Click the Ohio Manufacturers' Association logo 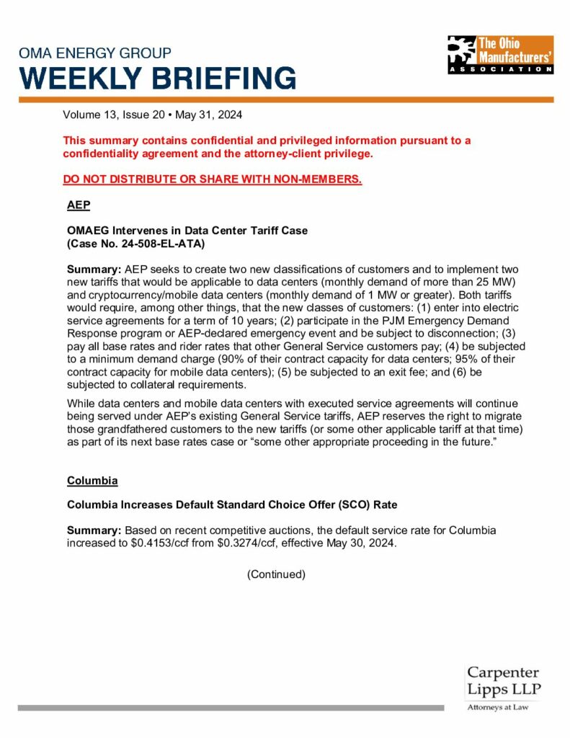[500, 54]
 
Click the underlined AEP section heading [78, 205]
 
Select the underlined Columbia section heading [92, 480]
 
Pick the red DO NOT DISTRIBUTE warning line [212, 179]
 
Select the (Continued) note [276, 574]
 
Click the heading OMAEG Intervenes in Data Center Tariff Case [187, 231]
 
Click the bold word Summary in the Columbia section [94, 530]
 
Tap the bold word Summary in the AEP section [94, 268]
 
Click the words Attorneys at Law [498, 707]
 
